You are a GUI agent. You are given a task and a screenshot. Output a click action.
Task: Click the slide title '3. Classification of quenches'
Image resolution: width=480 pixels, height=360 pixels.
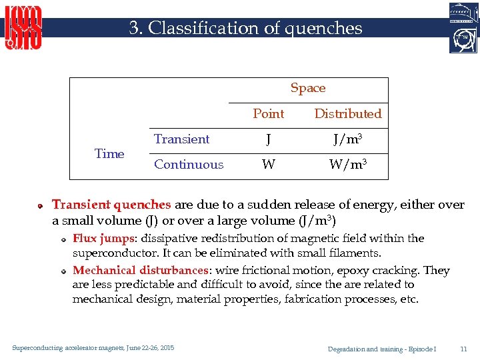click(x=246, y=28)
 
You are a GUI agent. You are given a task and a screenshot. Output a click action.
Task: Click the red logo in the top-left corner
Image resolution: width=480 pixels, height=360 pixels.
click(x=24, y=27)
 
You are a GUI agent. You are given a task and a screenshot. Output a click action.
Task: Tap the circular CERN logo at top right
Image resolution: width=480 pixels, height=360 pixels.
click(x=463, y=39)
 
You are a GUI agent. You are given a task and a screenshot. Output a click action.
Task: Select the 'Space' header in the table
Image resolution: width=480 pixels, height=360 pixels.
click(x=308, y=88)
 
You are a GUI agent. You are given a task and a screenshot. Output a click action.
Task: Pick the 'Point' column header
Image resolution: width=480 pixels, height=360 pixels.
click(x=268, y=113)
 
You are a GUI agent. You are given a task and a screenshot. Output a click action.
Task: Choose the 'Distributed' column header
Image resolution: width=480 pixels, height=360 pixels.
click(x=348, y=113)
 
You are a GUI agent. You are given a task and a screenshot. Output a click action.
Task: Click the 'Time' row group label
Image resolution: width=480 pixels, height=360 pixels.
click(x=109, y=153)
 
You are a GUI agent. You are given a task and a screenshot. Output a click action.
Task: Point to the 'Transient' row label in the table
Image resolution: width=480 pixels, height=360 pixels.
click(x=181, y=139)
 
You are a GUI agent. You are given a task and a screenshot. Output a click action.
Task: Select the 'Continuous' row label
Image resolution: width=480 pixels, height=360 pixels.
click(x=189, y=164)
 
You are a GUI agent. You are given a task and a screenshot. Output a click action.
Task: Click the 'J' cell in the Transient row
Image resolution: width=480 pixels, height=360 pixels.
click(x=268, y=139)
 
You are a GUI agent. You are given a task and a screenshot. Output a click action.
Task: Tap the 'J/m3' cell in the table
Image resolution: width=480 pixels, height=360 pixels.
click(x=348, y=139)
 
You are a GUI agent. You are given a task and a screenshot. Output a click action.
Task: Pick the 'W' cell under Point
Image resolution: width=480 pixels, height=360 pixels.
click(x=268, y=165)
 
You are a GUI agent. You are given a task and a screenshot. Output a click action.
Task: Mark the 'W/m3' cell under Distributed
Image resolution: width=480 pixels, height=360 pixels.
click(x=348, y=164)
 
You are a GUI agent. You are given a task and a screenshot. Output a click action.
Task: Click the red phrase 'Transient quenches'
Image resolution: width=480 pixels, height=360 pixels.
click(x=111, y=205)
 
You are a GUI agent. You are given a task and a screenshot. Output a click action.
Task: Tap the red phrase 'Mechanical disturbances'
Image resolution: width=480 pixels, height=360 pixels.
click(x=140, y=270)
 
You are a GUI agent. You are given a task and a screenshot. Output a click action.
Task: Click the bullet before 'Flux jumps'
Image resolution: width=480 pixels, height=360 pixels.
click(x=61, y=239)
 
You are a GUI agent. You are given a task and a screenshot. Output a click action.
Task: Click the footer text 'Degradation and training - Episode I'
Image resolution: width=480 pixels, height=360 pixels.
click(x=382, y=349)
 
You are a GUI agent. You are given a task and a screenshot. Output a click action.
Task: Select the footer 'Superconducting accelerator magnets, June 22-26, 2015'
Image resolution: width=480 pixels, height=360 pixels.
click(x=93, y=348)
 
